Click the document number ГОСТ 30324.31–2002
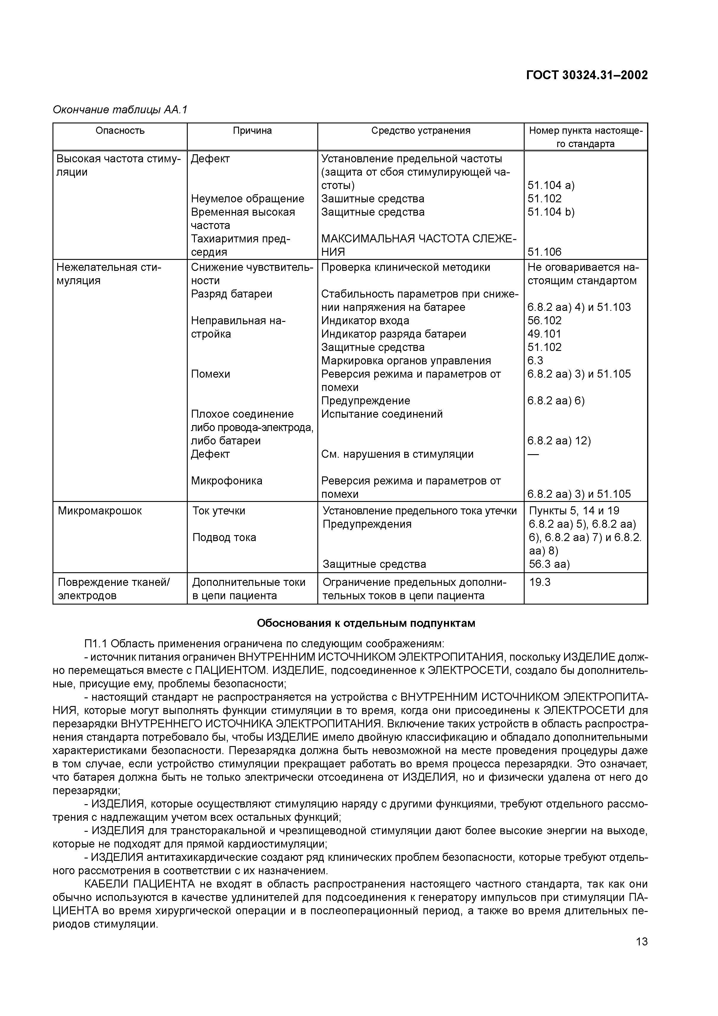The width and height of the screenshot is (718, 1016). click(x=587, y=76)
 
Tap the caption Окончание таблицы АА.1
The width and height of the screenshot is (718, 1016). click(x=120, y=110)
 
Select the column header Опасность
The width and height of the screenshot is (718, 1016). click(x=120, y=131)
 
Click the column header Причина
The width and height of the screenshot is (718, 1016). click(x=252, y=131)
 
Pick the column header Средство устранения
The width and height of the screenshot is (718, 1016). click(x=421, y=131)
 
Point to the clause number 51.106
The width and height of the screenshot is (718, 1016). click(x=545, y=252)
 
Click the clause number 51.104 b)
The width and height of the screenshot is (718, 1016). click(x=551, y=212)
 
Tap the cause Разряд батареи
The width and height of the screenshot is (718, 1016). click(x=231, y=294)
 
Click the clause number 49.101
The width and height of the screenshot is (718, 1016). click(x=544, y=334)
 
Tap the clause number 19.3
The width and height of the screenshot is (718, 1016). click(x=540, y=582)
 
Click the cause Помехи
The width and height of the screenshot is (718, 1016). click(x=211, y=374)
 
